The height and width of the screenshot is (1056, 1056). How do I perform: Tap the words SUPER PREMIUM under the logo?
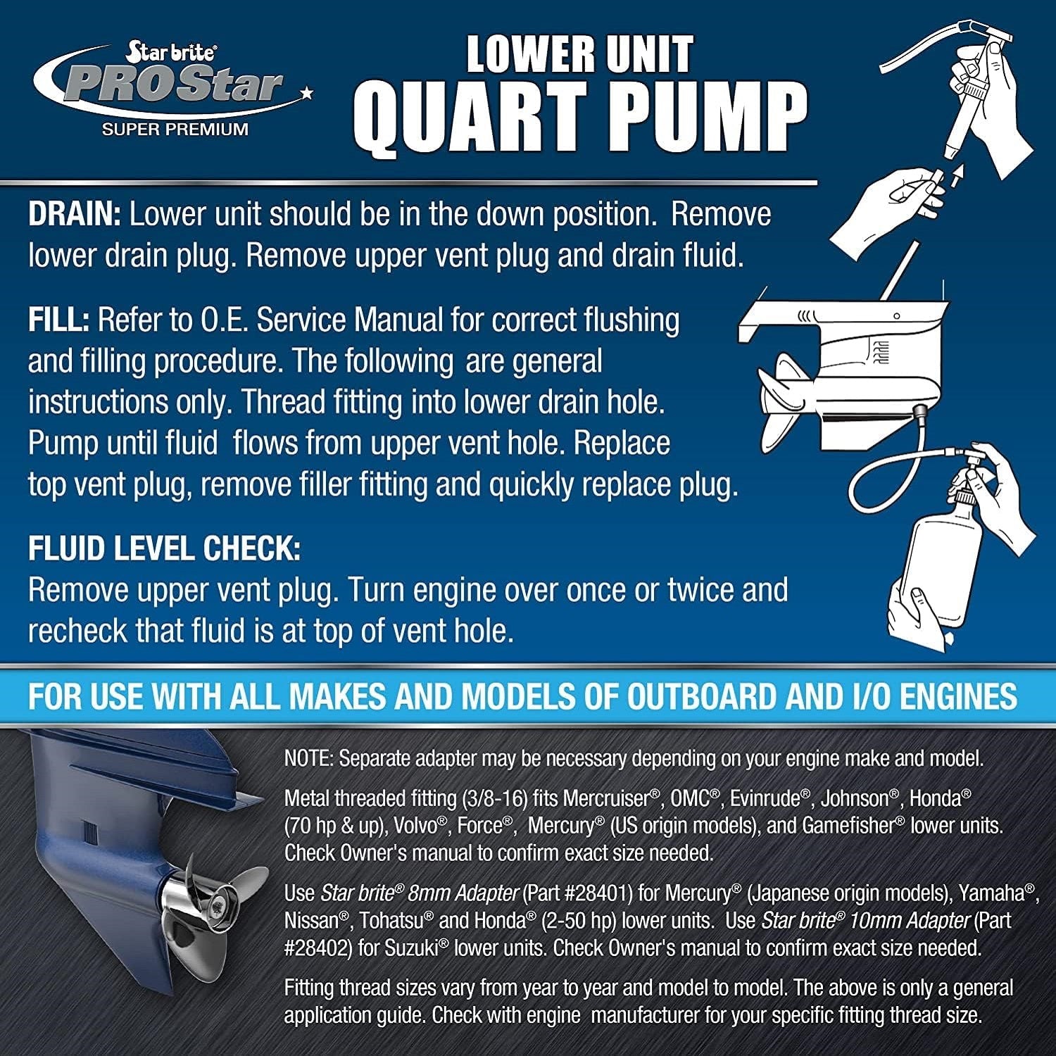(x=175, y=130)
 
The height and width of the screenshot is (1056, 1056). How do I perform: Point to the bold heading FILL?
(x=58, y=320)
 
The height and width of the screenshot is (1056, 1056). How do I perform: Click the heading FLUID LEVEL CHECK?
(x=164, y=548)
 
